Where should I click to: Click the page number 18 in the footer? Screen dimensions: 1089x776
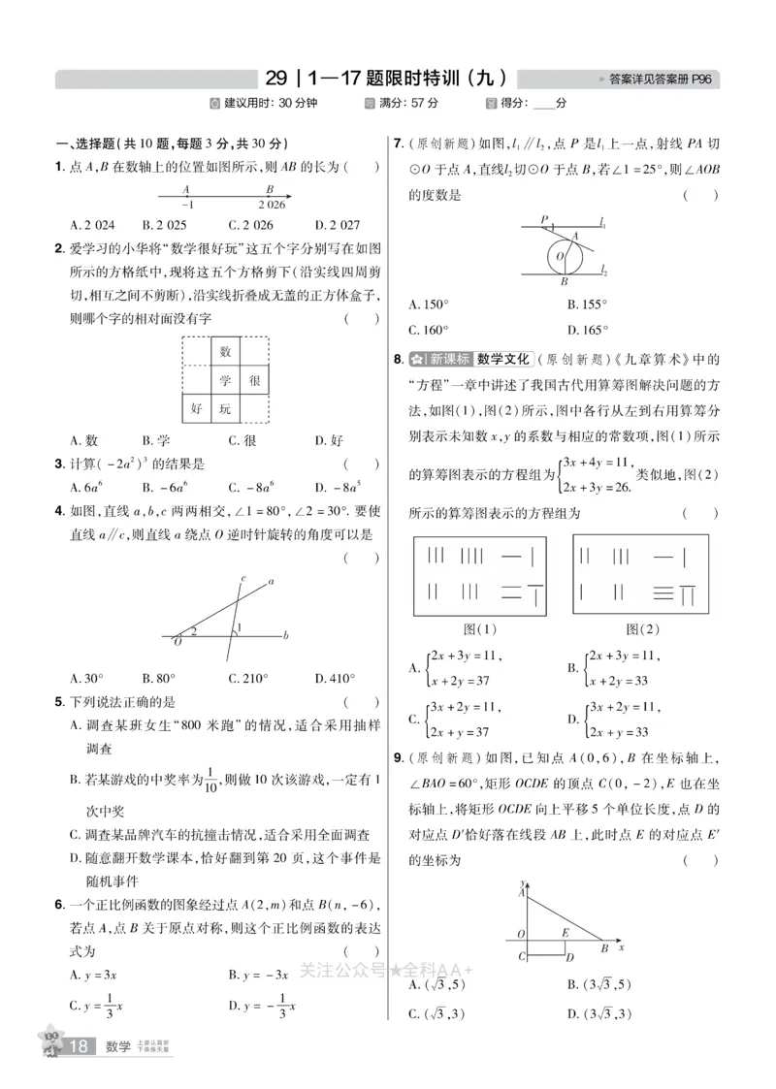[x=81, y=1045]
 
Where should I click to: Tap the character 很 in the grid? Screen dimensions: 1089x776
[x=254, y=380]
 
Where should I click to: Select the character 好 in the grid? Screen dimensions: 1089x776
[x=197, y=409]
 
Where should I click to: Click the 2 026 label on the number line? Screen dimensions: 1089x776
[x=272, y=205]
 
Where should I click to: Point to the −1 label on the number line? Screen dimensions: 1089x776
[x=186, y=205]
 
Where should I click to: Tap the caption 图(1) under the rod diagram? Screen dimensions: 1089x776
[x=480, y=629]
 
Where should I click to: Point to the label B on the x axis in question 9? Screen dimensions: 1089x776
[x=604, y=948]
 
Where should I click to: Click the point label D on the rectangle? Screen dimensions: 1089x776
[x=572, y=959]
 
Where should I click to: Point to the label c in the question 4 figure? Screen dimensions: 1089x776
[x=242, y=579]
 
